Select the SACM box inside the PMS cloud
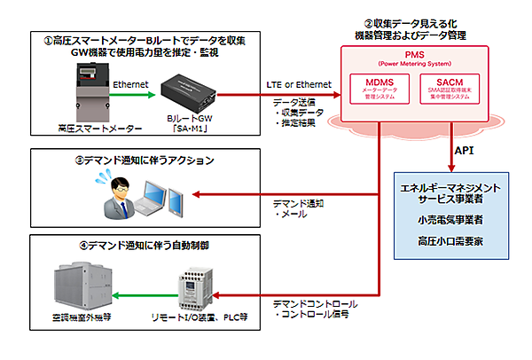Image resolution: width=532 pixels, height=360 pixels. [x=465, y=90]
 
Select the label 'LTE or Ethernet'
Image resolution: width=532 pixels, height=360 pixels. [x=300, y=84]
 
